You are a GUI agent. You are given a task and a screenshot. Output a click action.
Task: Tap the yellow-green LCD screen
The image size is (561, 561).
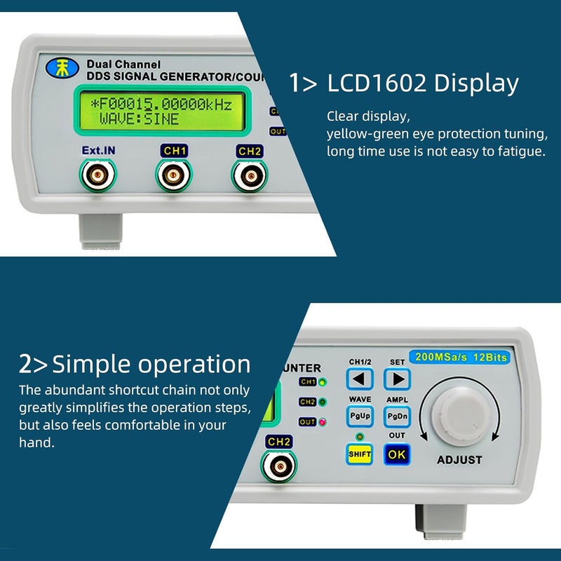coord(161,111)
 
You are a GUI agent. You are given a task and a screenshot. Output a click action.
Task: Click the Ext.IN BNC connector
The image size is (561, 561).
coord(97,175)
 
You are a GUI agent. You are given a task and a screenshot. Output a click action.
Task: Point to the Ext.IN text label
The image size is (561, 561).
coord(97,150)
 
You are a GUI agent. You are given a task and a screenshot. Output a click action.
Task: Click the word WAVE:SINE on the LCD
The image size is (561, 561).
coord(139,119)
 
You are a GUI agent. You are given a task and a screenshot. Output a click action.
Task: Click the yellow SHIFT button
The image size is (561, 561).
coord(360,454)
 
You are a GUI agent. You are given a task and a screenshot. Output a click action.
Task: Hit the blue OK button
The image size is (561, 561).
coord(396,454)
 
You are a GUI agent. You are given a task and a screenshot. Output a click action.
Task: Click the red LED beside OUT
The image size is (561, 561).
coord(322,422)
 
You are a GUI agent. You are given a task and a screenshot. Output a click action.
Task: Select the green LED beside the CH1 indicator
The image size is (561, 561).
coord(322,382)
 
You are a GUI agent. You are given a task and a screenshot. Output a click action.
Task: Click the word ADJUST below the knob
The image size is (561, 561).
coord(459,460)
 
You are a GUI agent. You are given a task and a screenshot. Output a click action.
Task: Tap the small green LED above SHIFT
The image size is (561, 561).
coord(360,436)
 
